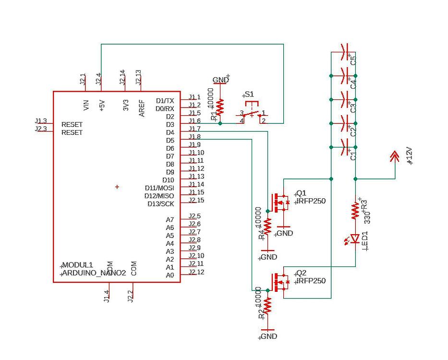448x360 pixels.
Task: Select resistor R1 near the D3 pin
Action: pyautogui.click(x=220, y=108)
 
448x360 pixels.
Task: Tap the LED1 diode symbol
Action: pyautogui.click(x=355, y=239)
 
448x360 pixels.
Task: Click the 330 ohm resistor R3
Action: pyautogui.click(x=355, y=210)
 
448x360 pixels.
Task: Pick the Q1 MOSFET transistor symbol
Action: pyautogui.click(x=280, y=203)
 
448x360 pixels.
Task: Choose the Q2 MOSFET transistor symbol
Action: pyautogui.click(x=280, y=282)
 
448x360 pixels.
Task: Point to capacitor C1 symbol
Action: pyautogui.click(x=344, y=147)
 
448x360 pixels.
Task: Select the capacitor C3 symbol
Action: pyautogui.click(x=344, y=99)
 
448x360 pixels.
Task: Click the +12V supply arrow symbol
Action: pyautogui.click(x=395, y=156)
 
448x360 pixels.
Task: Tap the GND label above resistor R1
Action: pyautogui.click(x=220, y=80)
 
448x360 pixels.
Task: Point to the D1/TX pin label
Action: pyautogui.click(x=165, y=101)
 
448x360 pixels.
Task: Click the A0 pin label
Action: pyautogui.click(x=170, y=275)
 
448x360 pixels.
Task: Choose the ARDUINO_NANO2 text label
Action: pyautogui.click(x=94, y=273)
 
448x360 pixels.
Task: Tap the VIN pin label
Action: pyautogui.click(x=86, y=105)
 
